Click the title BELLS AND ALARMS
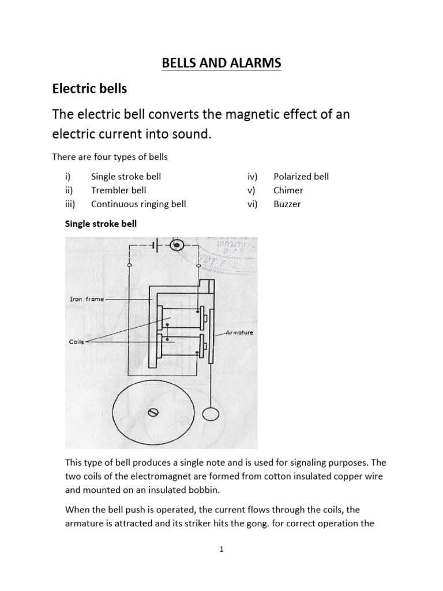(221, 62)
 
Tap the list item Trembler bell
(118, 190)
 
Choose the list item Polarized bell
(301, 176)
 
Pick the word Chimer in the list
(288, 190)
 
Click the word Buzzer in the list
(287, 204)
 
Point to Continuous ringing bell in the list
(138, 204)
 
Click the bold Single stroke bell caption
(100, 224)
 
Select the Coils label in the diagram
(76, 342)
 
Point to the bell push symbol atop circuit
(178, 246)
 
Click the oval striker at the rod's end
(212, 415)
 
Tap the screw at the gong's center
(153, 412)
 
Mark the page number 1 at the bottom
(221, 550)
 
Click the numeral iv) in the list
(253, 176)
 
